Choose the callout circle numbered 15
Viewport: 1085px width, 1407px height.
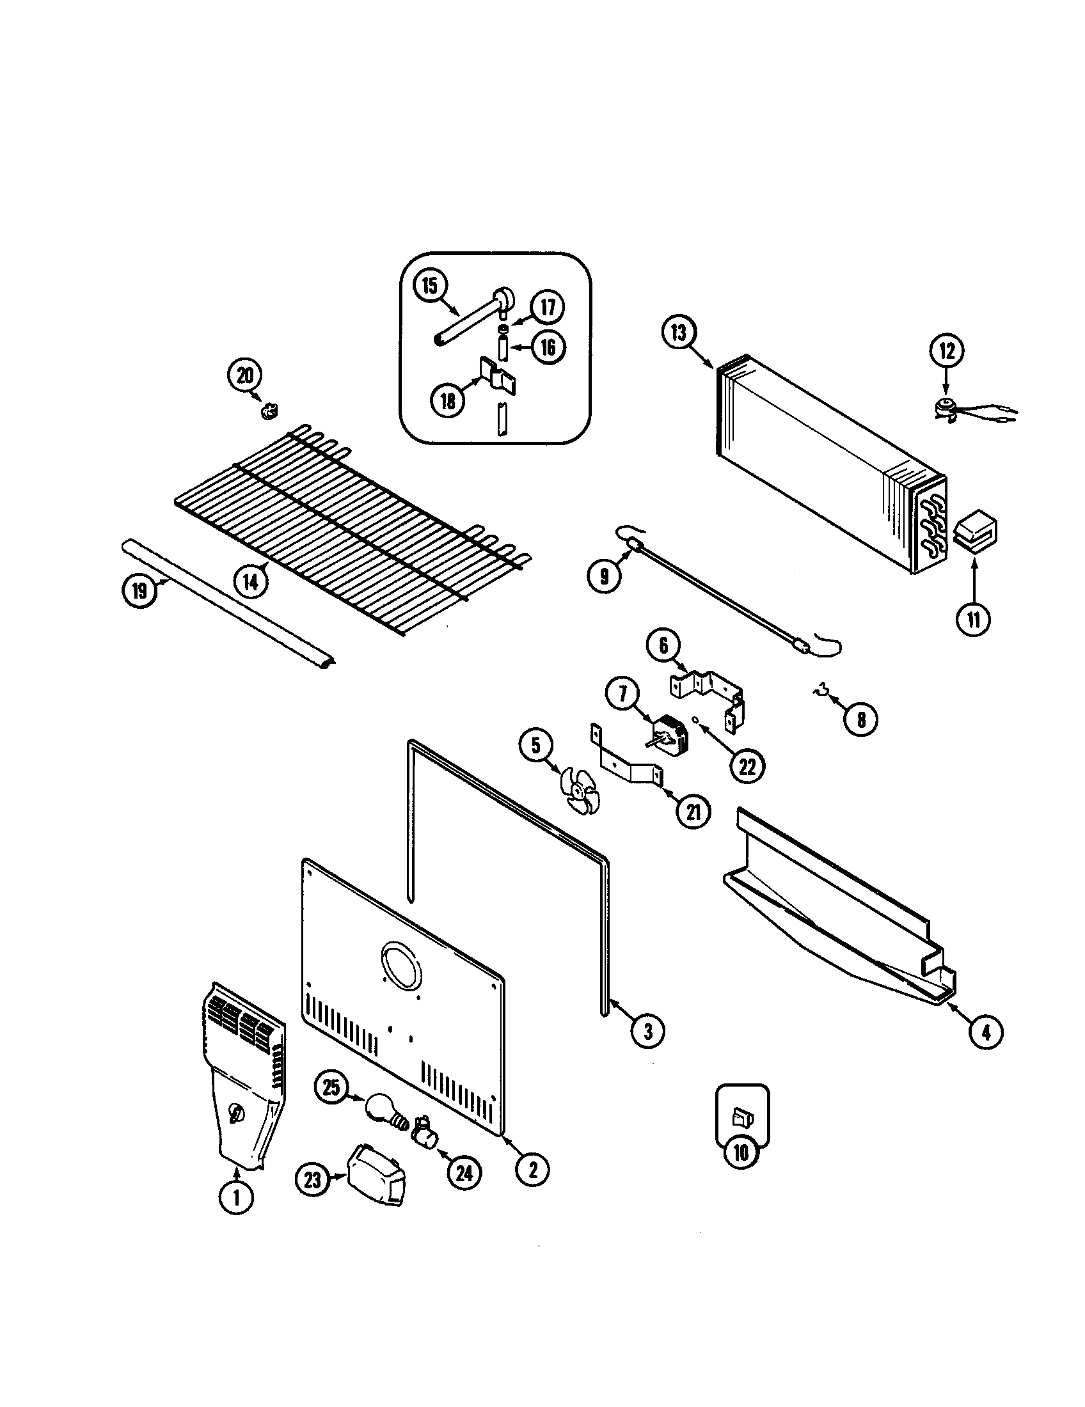pyautogui.click(x=430, y=285)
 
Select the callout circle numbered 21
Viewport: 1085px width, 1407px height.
pyautogui.click(x=693, y=812)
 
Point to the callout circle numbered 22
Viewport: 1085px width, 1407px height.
pyautogui.click(x=747, y=767)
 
